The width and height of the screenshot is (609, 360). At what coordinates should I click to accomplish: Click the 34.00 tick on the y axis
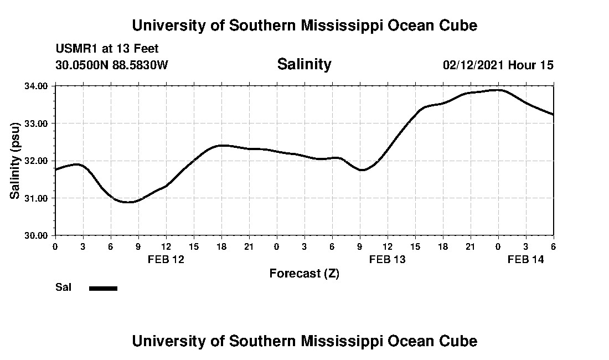37,86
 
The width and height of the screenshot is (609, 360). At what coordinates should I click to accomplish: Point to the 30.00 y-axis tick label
37,235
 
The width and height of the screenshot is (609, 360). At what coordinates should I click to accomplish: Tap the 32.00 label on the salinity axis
37,161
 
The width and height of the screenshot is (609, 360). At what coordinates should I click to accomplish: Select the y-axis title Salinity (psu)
16,161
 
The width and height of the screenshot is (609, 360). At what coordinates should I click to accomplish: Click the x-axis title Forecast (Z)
304,273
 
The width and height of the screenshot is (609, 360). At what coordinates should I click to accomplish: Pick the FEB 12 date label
166,259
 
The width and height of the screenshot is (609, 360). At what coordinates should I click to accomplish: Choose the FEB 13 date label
387,259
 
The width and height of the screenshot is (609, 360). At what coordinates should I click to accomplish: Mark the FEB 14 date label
526,259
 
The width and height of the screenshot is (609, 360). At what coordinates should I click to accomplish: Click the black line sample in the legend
104,288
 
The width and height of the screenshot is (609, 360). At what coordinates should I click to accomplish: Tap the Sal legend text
63,287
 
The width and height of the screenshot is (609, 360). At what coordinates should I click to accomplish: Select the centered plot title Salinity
304,64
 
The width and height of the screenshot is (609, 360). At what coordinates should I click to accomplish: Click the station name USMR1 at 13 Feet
107,49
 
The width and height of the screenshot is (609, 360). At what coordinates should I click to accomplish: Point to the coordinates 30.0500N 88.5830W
111,65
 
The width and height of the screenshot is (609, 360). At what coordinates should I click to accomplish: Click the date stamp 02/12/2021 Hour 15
498,65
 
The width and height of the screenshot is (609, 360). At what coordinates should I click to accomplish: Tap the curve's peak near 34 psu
498,90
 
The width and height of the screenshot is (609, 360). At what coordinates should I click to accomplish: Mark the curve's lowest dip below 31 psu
128,202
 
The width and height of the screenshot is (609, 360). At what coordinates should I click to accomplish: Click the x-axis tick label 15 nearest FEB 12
194,246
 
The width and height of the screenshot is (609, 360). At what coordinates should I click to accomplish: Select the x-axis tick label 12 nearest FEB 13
388,246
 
